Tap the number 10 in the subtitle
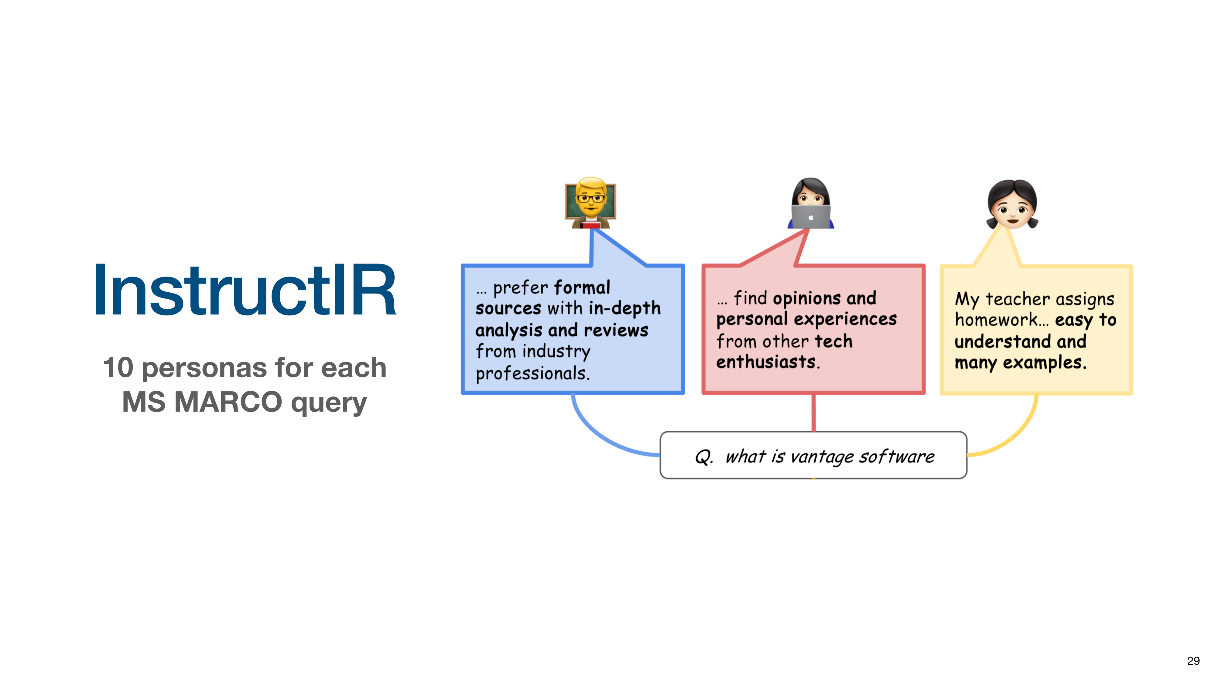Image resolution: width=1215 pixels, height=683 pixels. click(x=118, y=368)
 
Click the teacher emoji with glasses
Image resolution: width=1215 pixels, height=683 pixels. click(x=590, y=203)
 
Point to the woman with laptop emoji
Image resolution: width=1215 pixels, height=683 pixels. click(x=811, y=203)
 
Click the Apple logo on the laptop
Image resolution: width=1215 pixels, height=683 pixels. click(x=811, y=217)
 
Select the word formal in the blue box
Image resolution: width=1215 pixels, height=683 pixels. click(x=582, y=287)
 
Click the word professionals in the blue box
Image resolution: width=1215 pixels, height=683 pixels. click(x=532, y=374)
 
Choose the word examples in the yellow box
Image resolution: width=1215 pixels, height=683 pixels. click(x=1044, y=362)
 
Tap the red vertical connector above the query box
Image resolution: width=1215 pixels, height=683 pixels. click(x=814, y=413)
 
